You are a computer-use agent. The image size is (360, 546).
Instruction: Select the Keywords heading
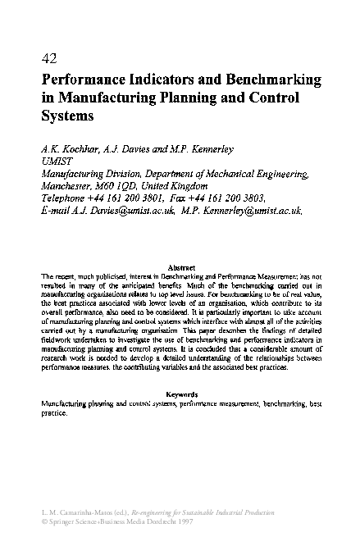(180, 394)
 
